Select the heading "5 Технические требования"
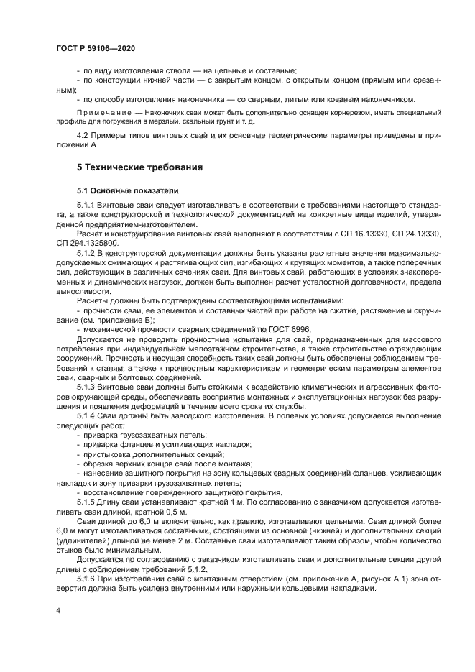139,167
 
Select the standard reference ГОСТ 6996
263,328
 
